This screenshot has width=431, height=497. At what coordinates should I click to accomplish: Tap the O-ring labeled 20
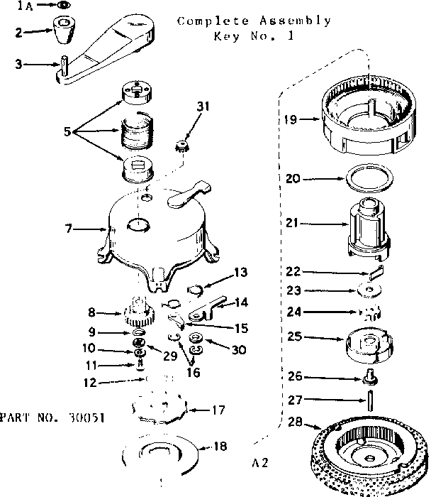[x=372, y=179]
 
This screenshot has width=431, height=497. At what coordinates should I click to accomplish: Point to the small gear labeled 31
[x=184, y=150]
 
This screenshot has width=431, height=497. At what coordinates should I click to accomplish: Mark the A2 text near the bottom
[x=259, y=463]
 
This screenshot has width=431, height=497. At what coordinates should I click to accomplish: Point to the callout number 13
[x=241, y=271]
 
